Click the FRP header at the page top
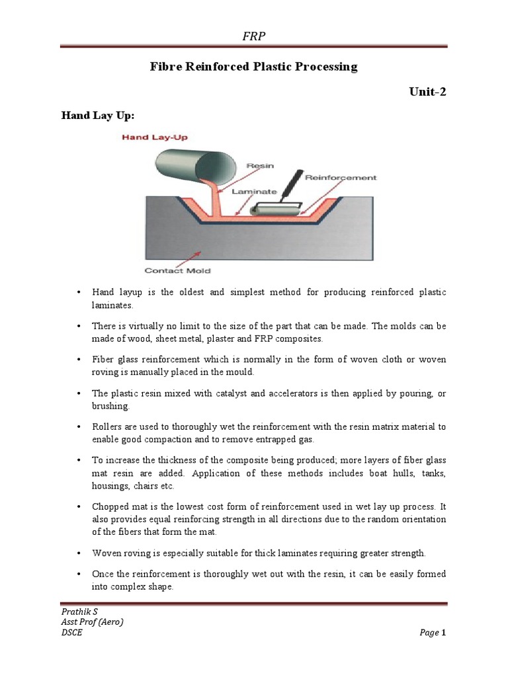(253, 36)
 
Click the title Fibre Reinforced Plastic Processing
(253, 67)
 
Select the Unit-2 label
(428, 92)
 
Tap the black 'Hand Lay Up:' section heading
(98, 116)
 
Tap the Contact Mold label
(177, 270)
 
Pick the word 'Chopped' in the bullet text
(110, 506)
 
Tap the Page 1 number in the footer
(433, 633)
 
